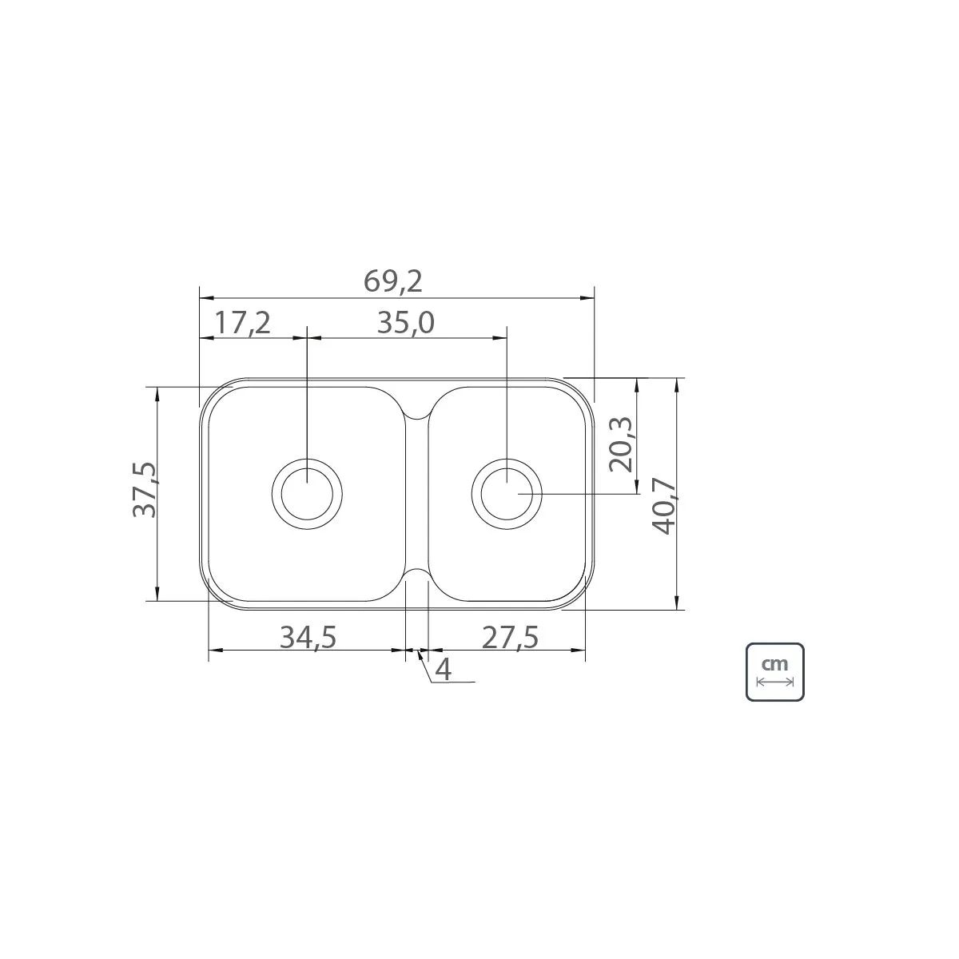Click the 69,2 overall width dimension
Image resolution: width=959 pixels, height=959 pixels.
pos(392,281)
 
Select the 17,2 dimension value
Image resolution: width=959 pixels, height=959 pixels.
pos(243,323)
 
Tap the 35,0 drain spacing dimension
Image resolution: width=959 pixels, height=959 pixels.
pos(404,323)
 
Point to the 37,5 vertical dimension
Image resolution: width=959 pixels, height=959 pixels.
pos(146,489)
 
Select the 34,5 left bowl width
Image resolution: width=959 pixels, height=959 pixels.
pos(308,637)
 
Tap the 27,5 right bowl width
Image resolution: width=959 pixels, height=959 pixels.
pos(511,637)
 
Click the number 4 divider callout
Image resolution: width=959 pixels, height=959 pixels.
pos(443,669)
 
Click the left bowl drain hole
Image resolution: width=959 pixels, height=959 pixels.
pos(307,493)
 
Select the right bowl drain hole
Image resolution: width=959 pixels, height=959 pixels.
pos(507,493)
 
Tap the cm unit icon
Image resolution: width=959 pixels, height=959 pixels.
pos(774,671)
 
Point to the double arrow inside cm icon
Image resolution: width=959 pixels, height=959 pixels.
pos(774,682)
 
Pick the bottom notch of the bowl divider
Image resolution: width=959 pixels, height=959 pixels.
pos(416,572)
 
